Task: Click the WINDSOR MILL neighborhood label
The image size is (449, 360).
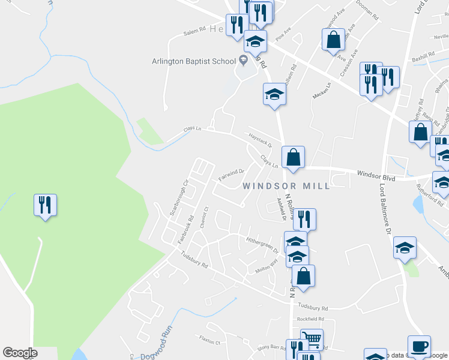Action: pyautogui.click(x=286, y=186)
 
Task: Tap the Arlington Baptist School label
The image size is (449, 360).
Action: pyautogui.click(x=193, y=60)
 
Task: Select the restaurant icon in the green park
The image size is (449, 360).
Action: pyautogui.click(x=45, y=206)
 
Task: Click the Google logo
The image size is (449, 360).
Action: pyautogui.click(x=20, y=353)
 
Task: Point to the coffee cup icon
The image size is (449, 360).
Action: pyautogui.click(x=419, y=346)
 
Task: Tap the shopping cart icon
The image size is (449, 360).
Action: pyautogui.click(x=312, y=340)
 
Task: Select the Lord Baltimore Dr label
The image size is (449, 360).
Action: pyautogui.click(x=385, y=214)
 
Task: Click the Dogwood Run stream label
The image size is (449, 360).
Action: pyautogui.click(x=157, y=346)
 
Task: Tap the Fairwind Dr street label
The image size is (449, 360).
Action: pyautogui.click(x=231, y=174)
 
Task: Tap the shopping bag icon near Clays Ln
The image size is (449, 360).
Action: pyautogui.click(x=293, y=158)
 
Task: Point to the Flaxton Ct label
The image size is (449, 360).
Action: pyautogui.click(x=210, y=340)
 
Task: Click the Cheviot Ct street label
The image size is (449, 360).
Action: pyautogui.click(x=205, y=216)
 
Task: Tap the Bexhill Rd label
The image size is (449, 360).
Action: pyautogui.click(x=423, y=56)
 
